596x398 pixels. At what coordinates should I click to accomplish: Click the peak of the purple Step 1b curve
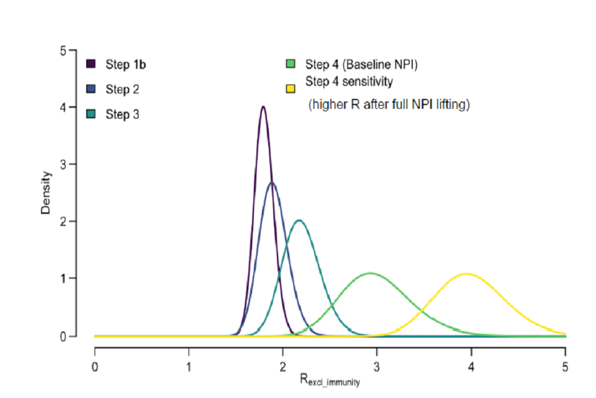[263, 107]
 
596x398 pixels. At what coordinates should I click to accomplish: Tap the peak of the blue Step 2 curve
[272, 183]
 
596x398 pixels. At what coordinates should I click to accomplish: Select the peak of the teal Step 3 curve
[299, 220]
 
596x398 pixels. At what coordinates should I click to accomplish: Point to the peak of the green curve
[371, 273]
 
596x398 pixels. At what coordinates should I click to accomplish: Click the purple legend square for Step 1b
[91, 63]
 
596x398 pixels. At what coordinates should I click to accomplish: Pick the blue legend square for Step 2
[91, 89]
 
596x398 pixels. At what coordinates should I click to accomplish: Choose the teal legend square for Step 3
[91, 114]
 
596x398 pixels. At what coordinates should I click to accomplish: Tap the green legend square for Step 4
[290, 63]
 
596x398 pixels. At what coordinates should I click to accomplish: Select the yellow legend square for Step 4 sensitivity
[290, 89]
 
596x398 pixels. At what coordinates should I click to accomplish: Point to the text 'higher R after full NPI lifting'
[389, 105]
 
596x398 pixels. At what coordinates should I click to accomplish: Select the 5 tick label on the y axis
[63, 50]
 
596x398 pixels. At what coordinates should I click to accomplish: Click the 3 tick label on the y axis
[63, 164]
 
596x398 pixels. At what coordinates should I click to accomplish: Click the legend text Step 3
[122, 114]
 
